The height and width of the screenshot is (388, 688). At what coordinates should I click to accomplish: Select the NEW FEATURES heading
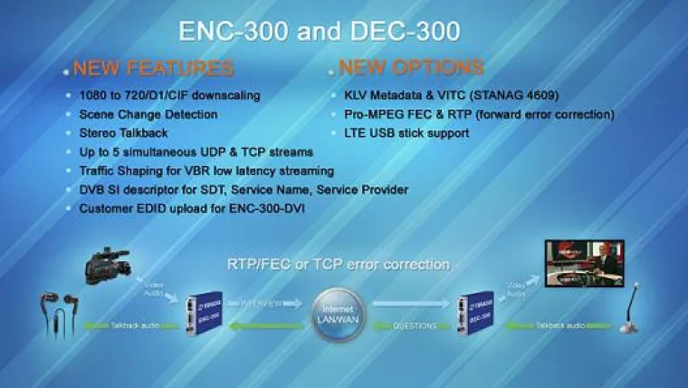point(153,68)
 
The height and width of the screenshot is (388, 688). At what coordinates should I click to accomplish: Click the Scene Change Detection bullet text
point(148,114)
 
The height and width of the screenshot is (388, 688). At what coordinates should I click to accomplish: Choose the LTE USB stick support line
point(406,133)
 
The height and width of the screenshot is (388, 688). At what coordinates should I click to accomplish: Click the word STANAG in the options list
point(530,95)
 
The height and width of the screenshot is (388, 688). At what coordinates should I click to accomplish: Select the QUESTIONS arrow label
point(416,325)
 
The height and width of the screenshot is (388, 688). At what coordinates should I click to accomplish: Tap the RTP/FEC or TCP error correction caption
point(338,265)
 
